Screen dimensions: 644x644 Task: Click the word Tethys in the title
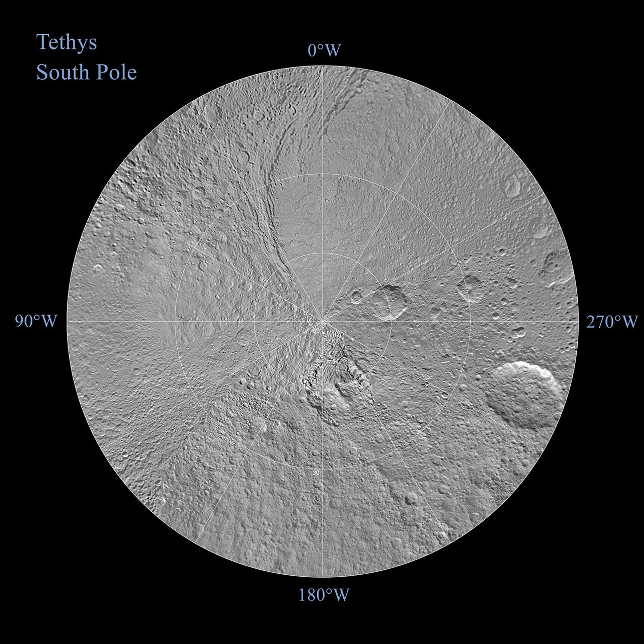point(67,42)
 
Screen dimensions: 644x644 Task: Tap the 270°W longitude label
point(612,322)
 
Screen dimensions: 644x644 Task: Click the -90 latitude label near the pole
point(315,330)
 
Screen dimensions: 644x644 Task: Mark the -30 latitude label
point(315,473)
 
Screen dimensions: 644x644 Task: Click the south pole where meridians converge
point(323,321)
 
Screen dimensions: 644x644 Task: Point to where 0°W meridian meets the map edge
point(323,66)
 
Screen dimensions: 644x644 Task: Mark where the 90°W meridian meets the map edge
point(67,321)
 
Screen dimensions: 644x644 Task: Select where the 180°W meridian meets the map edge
point(323,577)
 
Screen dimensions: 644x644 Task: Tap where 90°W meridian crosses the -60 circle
point(254,321)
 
